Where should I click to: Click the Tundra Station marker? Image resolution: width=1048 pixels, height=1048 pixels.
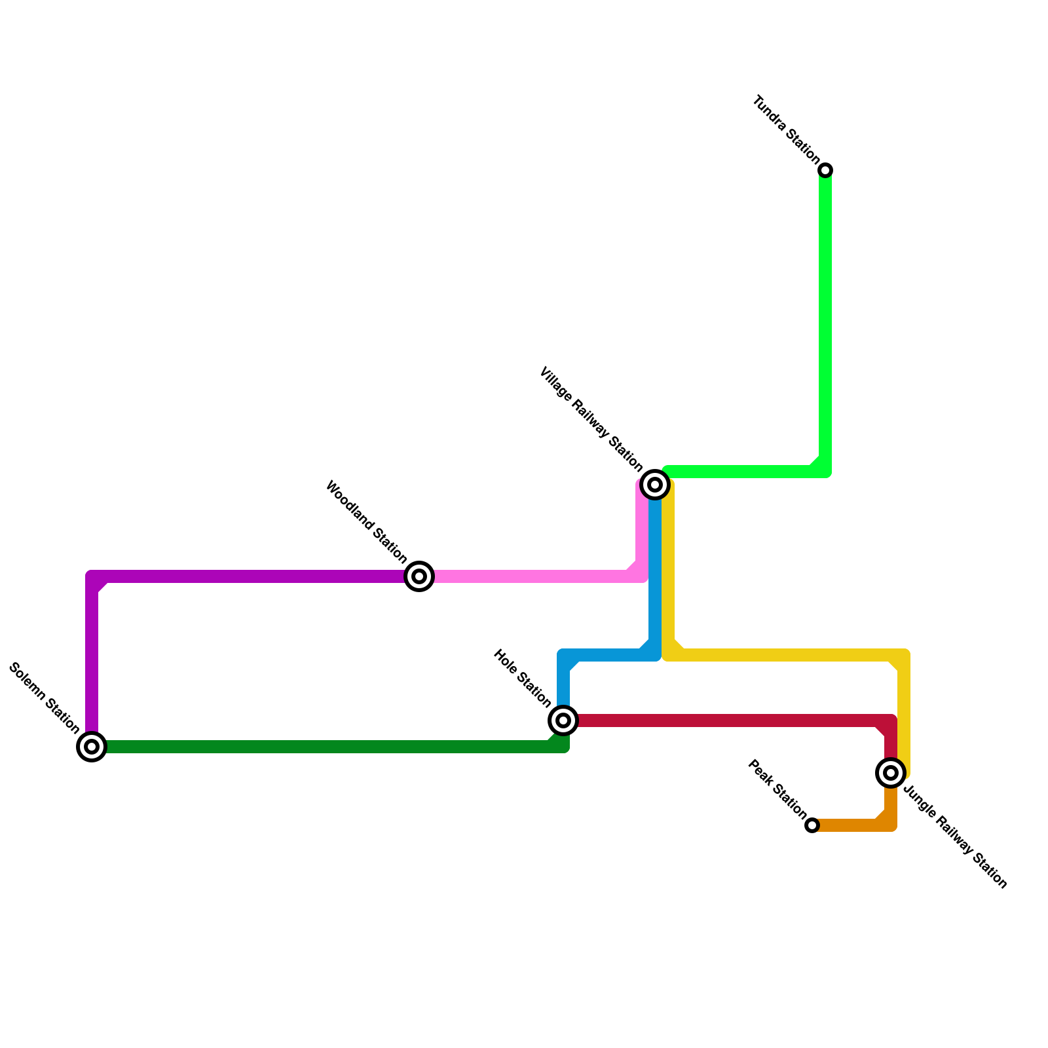(x=826, y=170)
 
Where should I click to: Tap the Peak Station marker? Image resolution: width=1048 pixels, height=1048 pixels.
(x=812, y=825)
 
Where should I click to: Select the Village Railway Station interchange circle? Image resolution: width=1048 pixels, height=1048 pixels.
(x=655, y=485)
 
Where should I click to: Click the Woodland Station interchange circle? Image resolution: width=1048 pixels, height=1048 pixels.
(x=419, y=576)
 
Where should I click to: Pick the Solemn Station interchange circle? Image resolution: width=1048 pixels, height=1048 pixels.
(x=92, y=747)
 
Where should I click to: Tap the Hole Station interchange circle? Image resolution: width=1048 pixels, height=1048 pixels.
(x=563, y=720)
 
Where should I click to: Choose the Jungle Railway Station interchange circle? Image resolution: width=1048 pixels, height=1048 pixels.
(x=891, y=773)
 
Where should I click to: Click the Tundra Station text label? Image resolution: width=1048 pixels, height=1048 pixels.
(x=785, y=130)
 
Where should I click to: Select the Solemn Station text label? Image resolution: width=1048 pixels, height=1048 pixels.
(x=44, y=699)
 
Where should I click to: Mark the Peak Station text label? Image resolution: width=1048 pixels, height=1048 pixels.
(x=777, y=789)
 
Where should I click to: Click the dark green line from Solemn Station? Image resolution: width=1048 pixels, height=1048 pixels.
(x=327, y=747)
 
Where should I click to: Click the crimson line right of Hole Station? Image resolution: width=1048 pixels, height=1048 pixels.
(x=720, y=720)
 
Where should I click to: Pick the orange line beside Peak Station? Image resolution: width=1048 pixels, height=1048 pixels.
(x=851, y=825)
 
